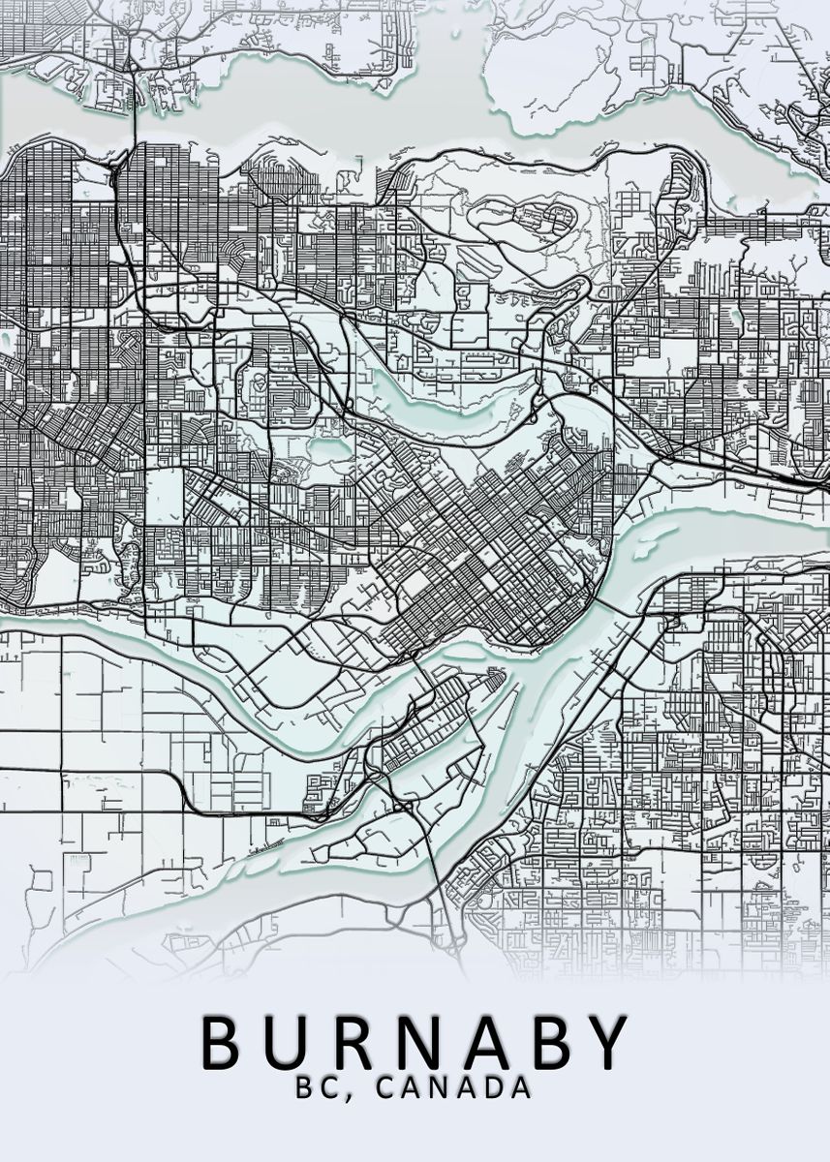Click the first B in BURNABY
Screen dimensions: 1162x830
pyautogui.click(x=223, y=1040)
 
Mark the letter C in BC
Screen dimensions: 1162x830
pyautogui.click(x=330, y=1087)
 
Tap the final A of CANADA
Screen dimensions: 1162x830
pyautogui.click(x=521, y=1087)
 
